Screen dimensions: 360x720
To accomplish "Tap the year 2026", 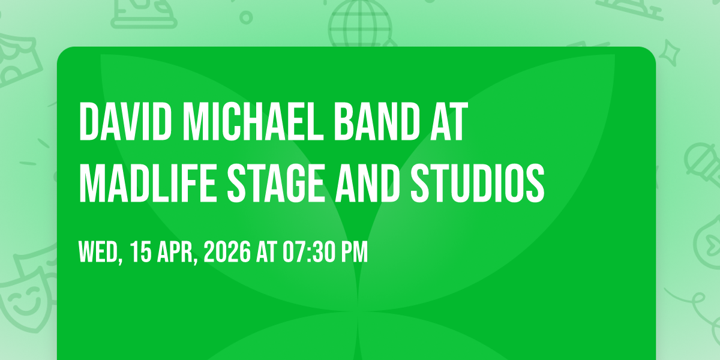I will click(227, 253).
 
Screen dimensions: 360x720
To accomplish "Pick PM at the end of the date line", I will click(355, 253).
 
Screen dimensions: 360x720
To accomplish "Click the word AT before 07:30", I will click(265, 253).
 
